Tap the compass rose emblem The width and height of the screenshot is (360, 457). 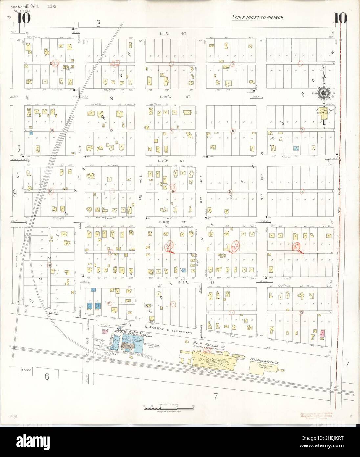[x=324, y=93]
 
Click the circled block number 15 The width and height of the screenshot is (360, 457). [x=173, y=304]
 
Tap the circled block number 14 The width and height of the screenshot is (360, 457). [x=232, y=312]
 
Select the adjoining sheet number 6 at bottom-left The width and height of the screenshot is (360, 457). [x=47, y=377]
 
